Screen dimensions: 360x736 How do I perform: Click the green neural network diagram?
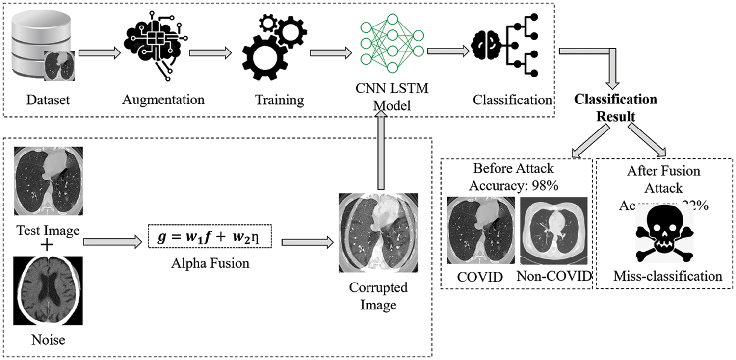click(391, 43)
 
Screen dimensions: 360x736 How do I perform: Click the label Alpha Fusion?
click(210, 263)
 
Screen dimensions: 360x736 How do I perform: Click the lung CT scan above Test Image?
click(49, 181)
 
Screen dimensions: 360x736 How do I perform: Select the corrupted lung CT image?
click(378, 232)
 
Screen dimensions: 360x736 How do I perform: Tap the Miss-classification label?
click(668, 276)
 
